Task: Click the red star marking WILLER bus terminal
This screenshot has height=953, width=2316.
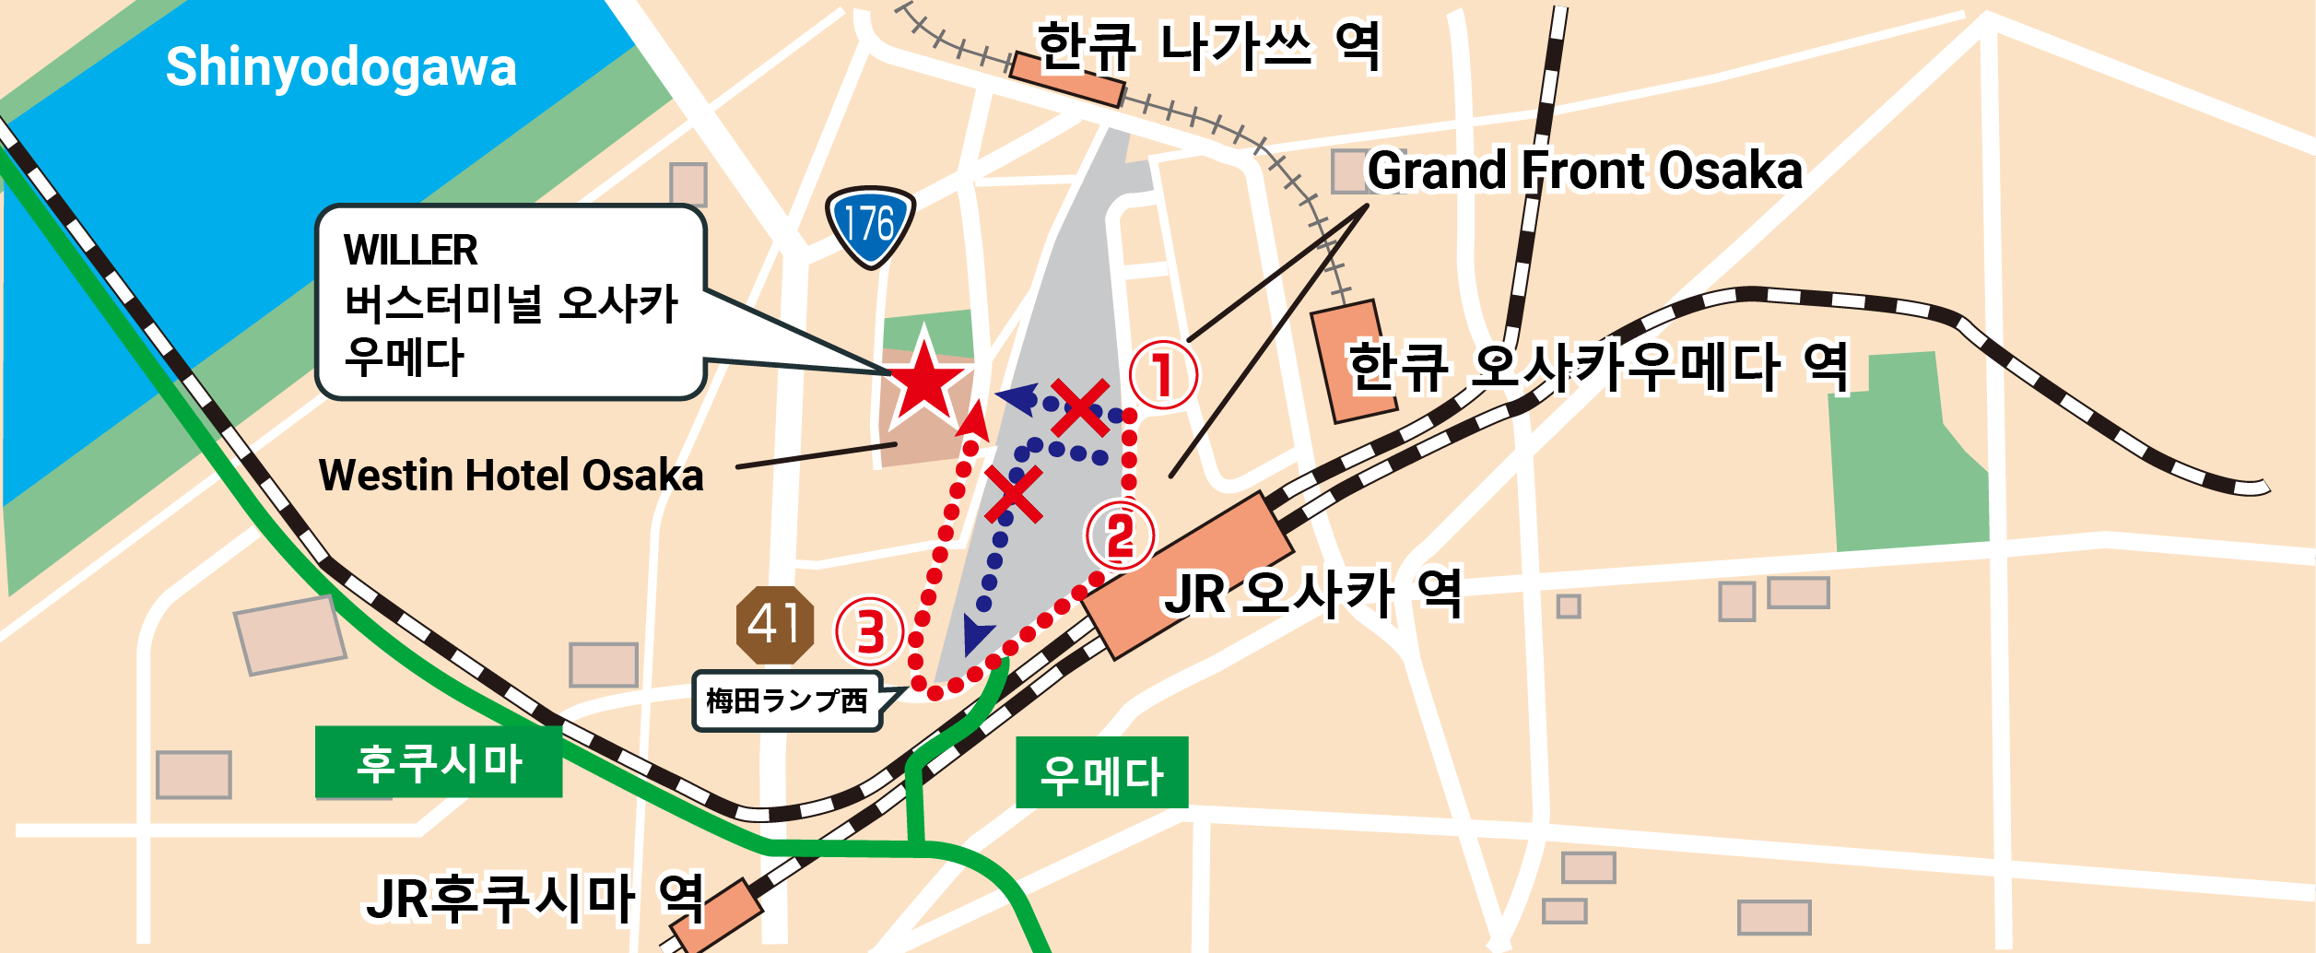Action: coord(924,380)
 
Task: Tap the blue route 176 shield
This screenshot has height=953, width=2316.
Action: coord(870,224)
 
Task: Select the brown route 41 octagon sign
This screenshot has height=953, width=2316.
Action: coord(775,625)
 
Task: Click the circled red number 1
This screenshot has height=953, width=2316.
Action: coord(1163,374)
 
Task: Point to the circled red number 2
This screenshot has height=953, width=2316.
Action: coord(1120,535)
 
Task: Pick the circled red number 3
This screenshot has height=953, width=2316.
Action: coord(870,631)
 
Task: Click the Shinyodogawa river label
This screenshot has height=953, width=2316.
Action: coord(341,67)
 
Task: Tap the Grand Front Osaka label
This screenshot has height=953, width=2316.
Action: coord(1583,171)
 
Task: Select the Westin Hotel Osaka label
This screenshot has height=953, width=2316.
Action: coord(511,476)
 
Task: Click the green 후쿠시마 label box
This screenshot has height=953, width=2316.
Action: coord(439,762)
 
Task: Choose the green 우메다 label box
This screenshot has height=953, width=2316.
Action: coord(1101,773)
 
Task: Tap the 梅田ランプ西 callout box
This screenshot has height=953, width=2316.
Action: coord(787,701)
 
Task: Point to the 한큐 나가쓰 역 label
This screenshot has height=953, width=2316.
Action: coord(1208,46)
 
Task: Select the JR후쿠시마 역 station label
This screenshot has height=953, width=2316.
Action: coord(535,899)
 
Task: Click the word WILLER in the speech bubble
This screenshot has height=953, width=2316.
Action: coord(410,250)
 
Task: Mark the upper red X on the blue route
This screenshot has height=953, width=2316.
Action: coord(1079,407)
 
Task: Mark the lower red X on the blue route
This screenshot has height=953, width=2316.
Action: coord(1013,494)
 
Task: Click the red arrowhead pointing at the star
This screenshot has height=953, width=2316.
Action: coord(973,422)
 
